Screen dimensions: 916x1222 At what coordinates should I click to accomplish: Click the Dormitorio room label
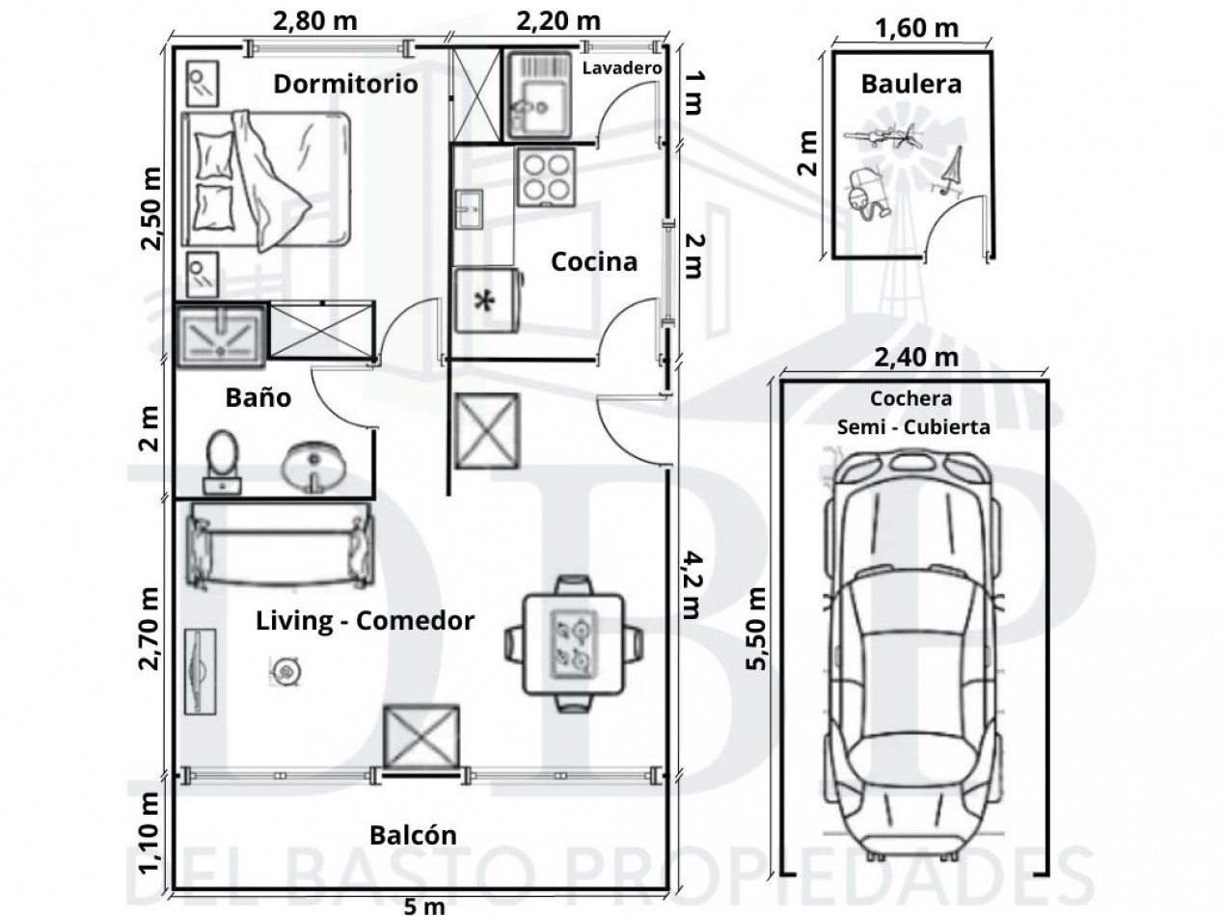coord(345,84)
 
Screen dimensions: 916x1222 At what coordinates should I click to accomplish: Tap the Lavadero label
coord(622,68)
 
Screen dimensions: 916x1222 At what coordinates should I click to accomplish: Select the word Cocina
coord(594,261)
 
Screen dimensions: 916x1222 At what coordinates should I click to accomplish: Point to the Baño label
coord(258,397)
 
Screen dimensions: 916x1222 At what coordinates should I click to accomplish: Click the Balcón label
coord(413,835)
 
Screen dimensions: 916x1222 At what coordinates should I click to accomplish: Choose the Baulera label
coord(910,84)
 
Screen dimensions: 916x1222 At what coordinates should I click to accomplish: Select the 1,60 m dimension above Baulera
coord(916,28)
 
